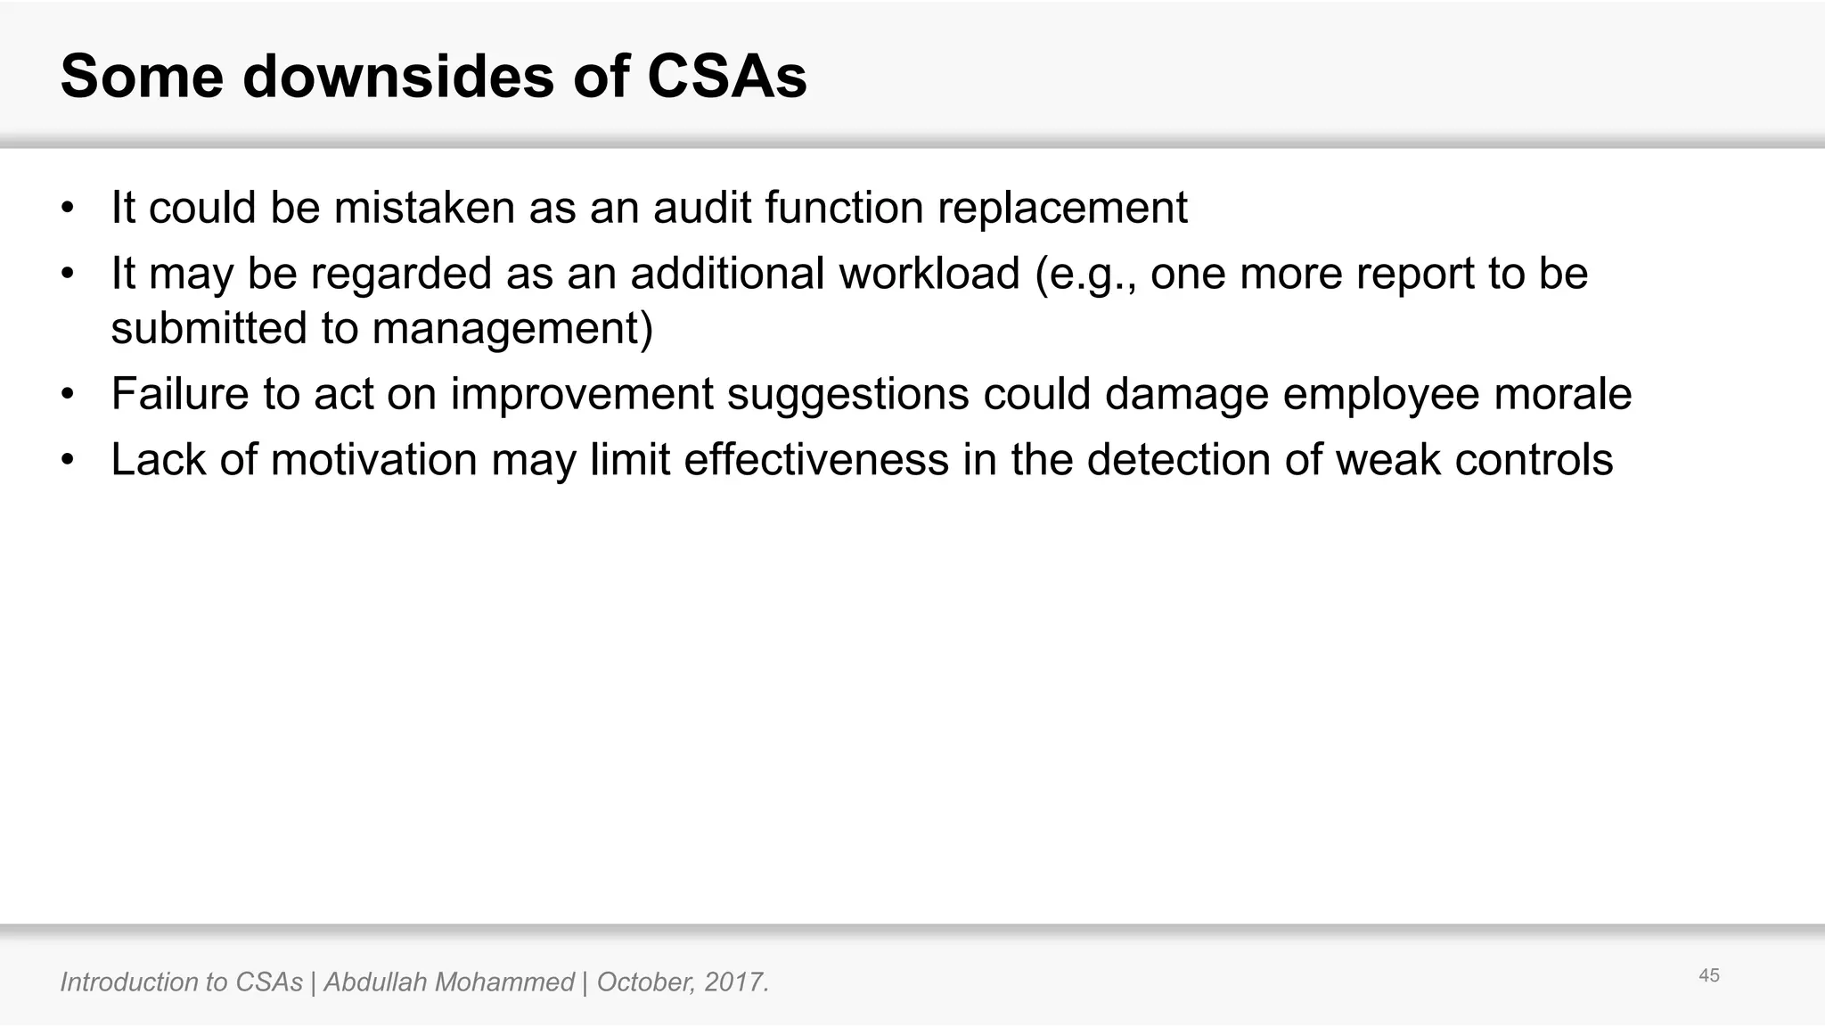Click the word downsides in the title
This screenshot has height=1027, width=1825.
pos(398,77)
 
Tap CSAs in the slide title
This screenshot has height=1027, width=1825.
pos(726,77)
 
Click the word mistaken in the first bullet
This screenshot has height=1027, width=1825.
pos(424,208)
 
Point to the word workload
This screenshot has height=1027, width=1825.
pos(929,273)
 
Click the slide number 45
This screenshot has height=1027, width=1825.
pos(1708,975)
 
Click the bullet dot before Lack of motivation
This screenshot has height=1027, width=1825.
pos(67,461)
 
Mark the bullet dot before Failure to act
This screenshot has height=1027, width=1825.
pos(67,395)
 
